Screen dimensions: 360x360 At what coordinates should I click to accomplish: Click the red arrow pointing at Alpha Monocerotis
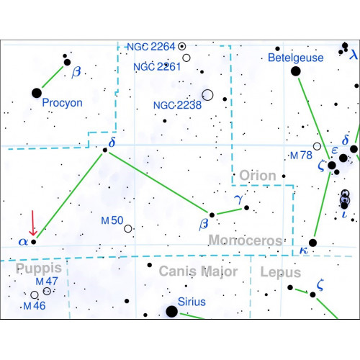33,223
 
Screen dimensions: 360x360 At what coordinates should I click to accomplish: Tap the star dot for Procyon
37,93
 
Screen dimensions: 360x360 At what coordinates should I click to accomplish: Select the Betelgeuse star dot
296,71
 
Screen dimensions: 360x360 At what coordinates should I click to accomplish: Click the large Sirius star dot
171,312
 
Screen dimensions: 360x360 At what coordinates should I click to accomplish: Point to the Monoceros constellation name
246,240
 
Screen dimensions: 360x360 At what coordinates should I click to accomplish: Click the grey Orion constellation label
258,176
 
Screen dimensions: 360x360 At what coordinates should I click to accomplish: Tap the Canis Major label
198,271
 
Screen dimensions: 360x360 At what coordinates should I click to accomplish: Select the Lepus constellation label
281,272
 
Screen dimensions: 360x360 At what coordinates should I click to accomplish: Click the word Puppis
39,269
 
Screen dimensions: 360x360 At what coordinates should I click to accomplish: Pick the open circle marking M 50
128,228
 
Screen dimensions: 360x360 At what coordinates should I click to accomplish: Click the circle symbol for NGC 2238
207,95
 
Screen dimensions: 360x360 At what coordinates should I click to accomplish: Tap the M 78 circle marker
317,146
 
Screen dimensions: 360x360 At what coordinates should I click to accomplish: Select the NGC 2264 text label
151,47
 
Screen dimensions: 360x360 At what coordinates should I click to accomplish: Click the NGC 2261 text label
157,67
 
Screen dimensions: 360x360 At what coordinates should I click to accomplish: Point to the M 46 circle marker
35,294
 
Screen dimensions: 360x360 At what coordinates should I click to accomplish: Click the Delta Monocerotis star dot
105,150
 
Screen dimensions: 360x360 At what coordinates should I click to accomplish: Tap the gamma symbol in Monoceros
239,199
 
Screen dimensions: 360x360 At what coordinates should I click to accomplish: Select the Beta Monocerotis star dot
212,215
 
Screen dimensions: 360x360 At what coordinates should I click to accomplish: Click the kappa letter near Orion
304,251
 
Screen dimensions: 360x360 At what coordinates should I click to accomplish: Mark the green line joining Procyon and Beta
53,77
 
